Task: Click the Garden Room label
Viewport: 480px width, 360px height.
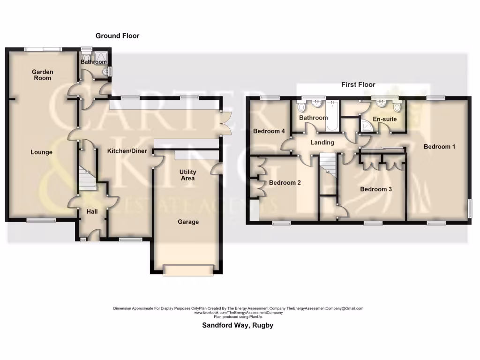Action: (x=42, y=75)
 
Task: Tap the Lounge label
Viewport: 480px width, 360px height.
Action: (x=41, y=152)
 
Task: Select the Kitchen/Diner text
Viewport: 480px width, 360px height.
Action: (x=127, y=151)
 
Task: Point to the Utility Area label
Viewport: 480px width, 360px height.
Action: (x=187, y=175)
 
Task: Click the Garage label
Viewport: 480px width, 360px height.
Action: (x=187, y=222)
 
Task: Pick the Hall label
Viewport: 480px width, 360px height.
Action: (x=92, y=212)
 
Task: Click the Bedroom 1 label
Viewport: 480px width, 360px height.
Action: (x=439, y=147)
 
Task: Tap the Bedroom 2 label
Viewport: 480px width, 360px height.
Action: (x=285, y=183)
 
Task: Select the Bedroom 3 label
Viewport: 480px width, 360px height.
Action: (x=376, y=189)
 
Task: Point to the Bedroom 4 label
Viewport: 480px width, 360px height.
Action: (x=269, y=131)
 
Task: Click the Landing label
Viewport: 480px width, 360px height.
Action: (x=322, y=142)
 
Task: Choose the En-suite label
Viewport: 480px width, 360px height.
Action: (x=384, y=119)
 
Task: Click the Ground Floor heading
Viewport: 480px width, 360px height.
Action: (x=117, y=36)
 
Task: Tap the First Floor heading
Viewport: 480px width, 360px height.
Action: (x=358, y=85)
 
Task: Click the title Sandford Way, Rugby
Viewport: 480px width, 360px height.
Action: (x=237, y=325)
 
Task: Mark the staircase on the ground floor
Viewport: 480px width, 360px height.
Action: (x=86, y=179)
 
